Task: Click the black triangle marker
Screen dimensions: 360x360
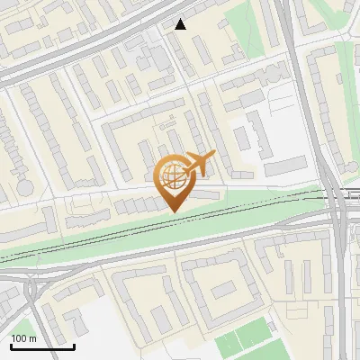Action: (181, 24)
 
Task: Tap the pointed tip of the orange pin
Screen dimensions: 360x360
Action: (174, 211)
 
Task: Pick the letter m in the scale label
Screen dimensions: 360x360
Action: (33, 338)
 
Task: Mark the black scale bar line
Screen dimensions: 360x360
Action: (42, 346)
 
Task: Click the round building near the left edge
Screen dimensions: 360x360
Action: (24, 187)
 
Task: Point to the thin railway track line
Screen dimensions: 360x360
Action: (135, 237)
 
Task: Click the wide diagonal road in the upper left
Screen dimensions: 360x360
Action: (72, 49)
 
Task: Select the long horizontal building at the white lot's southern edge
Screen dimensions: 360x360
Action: (286, 166)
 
